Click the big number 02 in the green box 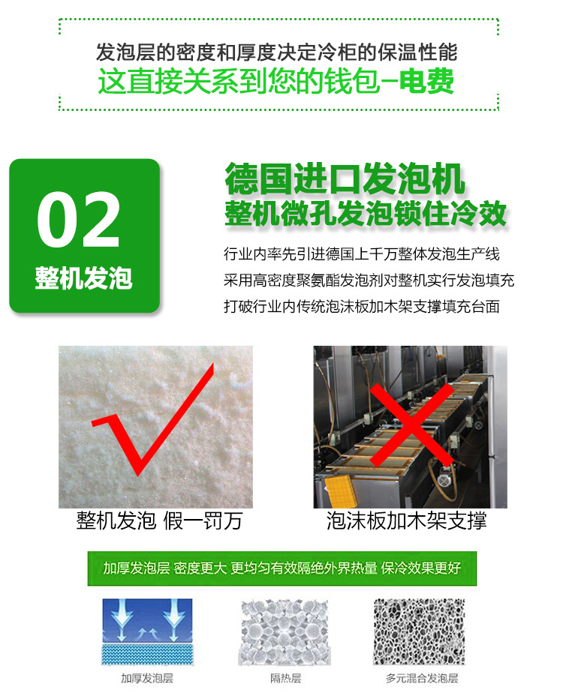click(78, 220)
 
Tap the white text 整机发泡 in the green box click(83, 278)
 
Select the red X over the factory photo click(412, 424)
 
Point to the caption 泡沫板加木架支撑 click(406, 520)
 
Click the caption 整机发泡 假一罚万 click(159, 520)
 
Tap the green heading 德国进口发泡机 click(345, 178)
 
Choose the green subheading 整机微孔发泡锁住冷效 click(366, 214)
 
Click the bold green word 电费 click(426, 81)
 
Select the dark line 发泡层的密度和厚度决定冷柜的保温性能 click(276, 52)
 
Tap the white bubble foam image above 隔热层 click(285, 632)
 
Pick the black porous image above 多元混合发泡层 click(420, 632)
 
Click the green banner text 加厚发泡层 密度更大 click(165, 568)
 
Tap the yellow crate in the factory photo click(340, 491)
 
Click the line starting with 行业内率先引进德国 click(362, 254)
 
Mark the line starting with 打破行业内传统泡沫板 click(362, 307)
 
